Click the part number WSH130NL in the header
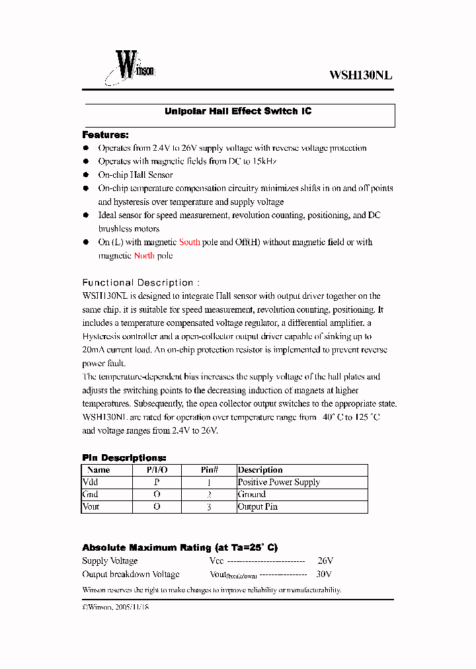[360, 75]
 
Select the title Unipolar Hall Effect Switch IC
[238, 112]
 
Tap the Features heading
[105, 135]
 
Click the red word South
[190, 243]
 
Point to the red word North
[144, 256]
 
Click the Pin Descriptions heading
[124, 457]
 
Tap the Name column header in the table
[99, 470]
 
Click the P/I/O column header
[157, 470]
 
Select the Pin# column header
[209, 470]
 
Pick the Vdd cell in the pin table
[91, 483]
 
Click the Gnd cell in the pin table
[91, 494]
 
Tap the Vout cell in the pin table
[91, 507]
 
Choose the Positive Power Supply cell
[278, 483]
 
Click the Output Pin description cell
[257, 507]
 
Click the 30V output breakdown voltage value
[324, 574]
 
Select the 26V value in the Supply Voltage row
[325, 561]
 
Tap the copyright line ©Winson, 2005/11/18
[116, 607]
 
